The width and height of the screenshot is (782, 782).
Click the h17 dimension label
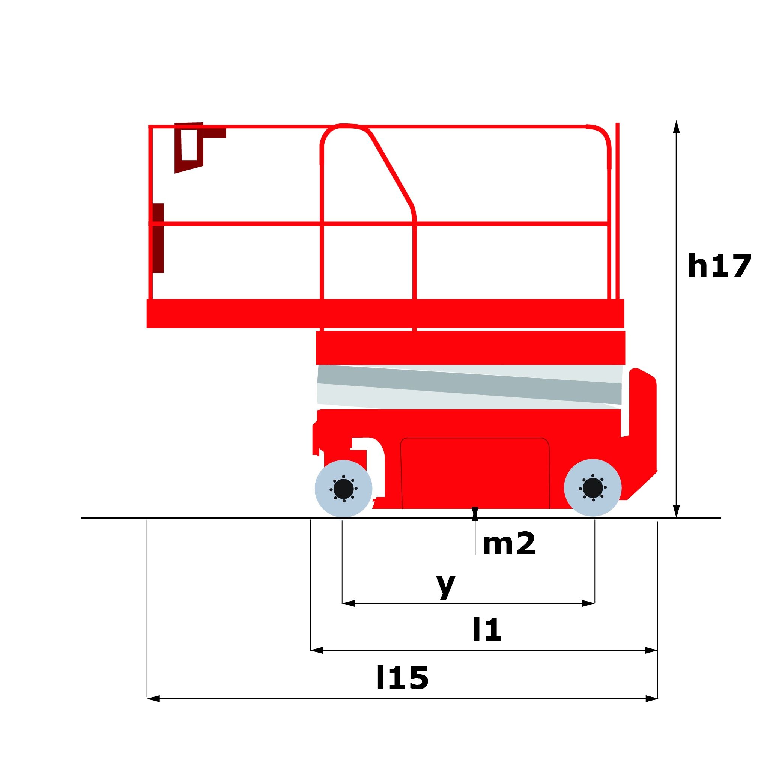tap(719, 266)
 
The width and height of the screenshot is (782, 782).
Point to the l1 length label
tap(487, 629)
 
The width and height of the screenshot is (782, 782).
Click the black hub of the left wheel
tap(344, 489)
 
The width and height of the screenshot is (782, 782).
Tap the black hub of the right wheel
tap(593, 488)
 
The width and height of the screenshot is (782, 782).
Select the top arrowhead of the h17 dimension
tap(676, 127)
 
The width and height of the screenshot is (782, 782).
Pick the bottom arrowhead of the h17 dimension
tap(676, 511)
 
